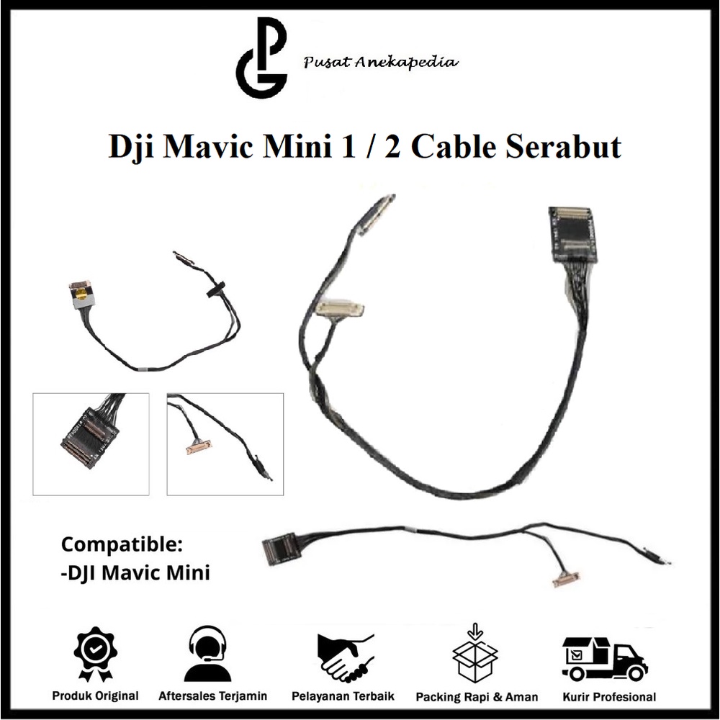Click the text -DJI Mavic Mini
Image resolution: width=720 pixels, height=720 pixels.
click(x=135, y=573)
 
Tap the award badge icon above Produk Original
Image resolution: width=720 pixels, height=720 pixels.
click(x=95, y=654)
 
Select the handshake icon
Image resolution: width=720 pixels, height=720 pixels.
click(x=346, y=655)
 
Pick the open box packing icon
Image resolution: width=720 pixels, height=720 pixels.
click(x=475, y=654)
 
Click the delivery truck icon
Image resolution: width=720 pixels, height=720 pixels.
click(x=604, y=658)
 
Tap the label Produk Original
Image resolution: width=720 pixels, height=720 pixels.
click(x=95, y=696)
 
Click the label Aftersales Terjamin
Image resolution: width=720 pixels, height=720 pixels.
click(x=213, y=696)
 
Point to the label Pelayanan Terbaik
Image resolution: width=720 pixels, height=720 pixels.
click(x=343, y=696)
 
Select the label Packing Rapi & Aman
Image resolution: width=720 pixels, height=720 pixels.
click(x=476, y=697)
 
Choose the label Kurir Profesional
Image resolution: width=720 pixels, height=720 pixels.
click(x=609, y=696)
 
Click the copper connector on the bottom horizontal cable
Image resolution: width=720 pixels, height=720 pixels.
click(x=566, y=579)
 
